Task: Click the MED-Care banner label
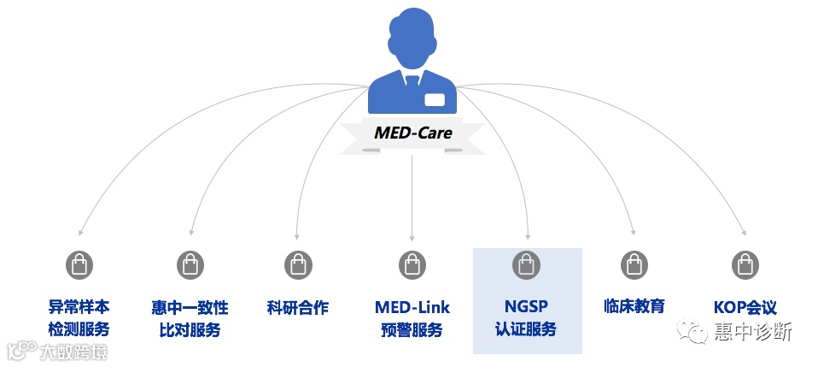tap(412, 133)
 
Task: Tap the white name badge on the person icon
tap(435, 100)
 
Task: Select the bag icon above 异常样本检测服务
tap(79, 265)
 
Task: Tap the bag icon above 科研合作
tap(297, 265)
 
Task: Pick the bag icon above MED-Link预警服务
tap(412, 265)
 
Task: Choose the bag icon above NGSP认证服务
tap(526, 265)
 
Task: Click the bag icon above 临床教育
tap(634, 265)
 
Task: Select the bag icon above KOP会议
tap(745, 265)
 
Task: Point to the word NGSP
tap(526, 307)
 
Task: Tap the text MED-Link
tap(412, 307)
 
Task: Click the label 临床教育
tap(634, 306)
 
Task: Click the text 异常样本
tap(79, 307)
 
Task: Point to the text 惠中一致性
tap(190, 307)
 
